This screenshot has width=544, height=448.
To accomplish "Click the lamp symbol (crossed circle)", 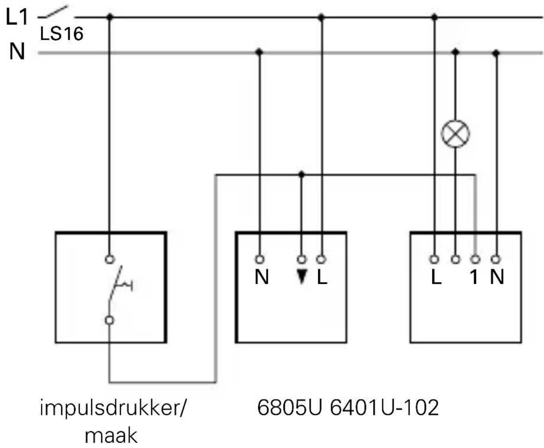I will click(455, 134).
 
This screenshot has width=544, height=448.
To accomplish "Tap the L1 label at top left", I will click(17, 18).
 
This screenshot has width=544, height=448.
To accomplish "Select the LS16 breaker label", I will click(62, 34).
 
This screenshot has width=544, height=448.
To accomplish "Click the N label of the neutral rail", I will click(17, 52).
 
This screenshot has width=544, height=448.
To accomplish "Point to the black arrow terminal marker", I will click(302, 277).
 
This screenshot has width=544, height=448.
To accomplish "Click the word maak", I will click(111, 435).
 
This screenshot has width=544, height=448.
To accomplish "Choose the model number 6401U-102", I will click(384, 408).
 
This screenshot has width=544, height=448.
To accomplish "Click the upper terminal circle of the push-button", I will click(109, 259).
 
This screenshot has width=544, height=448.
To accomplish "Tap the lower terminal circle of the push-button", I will click(109, 320).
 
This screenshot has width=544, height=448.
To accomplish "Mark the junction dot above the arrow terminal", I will click(302, 174).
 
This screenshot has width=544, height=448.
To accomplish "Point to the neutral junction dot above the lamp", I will click(455, 52).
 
